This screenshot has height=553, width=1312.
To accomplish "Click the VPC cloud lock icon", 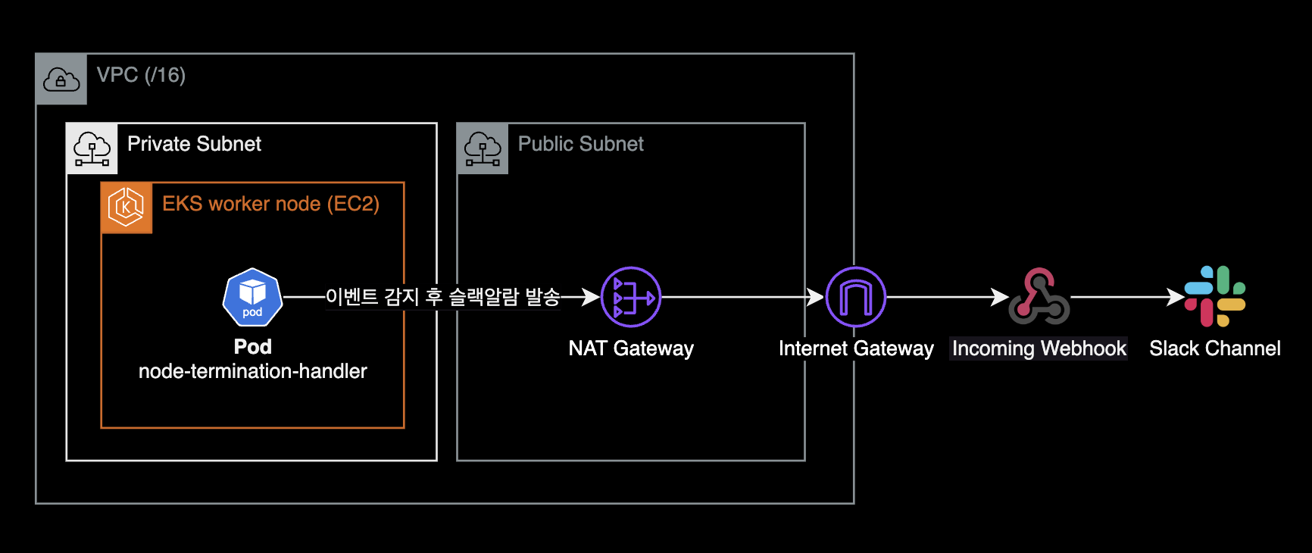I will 61,79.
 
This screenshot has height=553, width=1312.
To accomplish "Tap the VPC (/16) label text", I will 141,75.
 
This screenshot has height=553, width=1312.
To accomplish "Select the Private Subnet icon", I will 92,148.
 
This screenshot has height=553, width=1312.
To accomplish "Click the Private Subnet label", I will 194,144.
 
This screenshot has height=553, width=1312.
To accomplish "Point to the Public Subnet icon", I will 483,148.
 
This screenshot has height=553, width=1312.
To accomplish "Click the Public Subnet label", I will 580,144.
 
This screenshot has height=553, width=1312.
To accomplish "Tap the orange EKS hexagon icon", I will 127,208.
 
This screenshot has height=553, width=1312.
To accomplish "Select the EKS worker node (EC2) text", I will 270,204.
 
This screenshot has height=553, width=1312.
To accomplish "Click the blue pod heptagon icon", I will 252,297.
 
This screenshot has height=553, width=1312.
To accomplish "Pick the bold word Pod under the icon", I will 252,347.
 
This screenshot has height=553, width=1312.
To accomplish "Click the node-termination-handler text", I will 252,371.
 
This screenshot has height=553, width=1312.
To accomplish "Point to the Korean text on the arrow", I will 442,297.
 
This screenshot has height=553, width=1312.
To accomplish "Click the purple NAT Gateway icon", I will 631,297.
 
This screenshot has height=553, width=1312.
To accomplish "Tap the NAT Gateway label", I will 631,348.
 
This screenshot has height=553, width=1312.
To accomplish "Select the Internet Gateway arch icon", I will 856,297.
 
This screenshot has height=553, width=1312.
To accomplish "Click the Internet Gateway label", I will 856,348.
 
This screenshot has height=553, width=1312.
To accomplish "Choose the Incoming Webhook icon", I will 1039,297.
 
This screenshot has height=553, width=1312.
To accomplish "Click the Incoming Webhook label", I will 1039,348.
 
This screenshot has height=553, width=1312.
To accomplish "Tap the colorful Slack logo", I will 1215,296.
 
